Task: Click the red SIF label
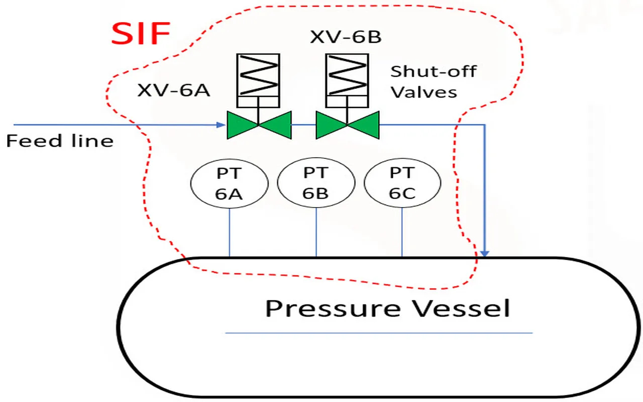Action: [141, 35]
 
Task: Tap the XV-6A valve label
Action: [173, 90]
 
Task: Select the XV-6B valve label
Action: [346, 37]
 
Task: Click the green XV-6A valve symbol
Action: [259, 125]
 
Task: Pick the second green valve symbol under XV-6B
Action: [347, 125]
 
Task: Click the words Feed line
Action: [60, 141]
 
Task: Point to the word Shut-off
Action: [433, 71]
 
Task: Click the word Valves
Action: [424, 92]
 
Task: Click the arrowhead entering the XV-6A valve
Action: [221, 125]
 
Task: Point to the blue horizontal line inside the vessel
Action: [378, 333]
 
